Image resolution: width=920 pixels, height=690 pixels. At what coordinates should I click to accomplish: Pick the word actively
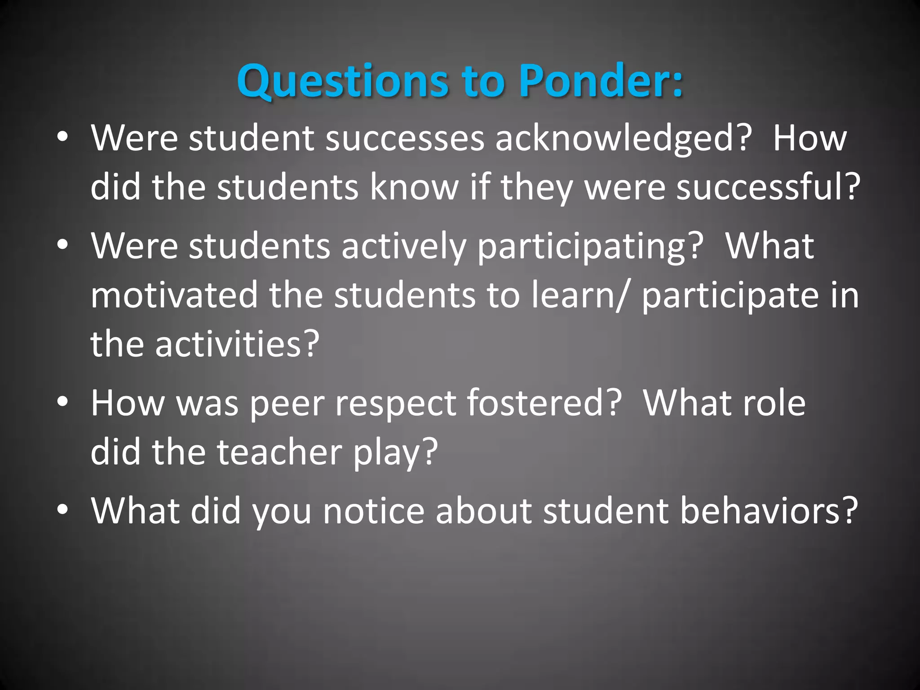coord(404,246)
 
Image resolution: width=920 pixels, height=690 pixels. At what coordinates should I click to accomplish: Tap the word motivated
coord(174,295)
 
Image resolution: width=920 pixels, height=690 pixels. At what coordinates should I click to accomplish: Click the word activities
coord(237,344)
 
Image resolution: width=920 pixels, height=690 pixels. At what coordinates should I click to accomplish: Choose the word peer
coord(287,403)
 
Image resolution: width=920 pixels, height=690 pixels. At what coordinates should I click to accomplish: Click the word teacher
coord(280,451)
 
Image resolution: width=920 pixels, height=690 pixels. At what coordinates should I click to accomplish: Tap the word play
coord(395,451)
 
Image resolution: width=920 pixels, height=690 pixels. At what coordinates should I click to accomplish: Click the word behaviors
coord(768,511)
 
